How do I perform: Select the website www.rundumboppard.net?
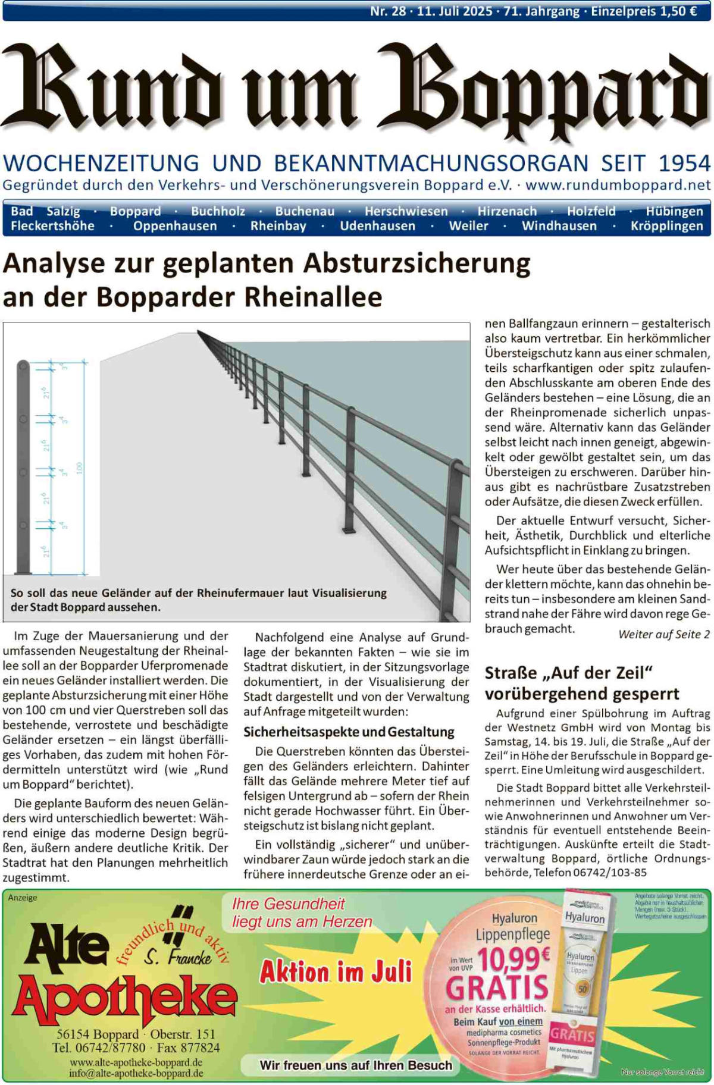[x=618, y=185]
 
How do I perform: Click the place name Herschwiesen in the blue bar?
[x=406, y=211]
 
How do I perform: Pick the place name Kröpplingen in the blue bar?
[x=666, y=226]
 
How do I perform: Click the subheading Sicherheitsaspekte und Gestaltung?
[x=349, y=732]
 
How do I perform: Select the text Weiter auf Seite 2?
[x=664, y=634]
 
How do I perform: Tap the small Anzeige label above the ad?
[x=23, y=898]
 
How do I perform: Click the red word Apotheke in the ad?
[x=125, y=1001]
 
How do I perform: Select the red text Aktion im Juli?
[x=336, y=973]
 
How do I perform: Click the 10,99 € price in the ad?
[x=513, y=958]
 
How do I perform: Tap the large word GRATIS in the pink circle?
[x=497, y=987]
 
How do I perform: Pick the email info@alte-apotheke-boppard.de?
[x=136, y=1073]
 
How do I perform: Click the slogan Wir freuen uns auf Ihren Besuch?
[x=355, y=1065]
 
